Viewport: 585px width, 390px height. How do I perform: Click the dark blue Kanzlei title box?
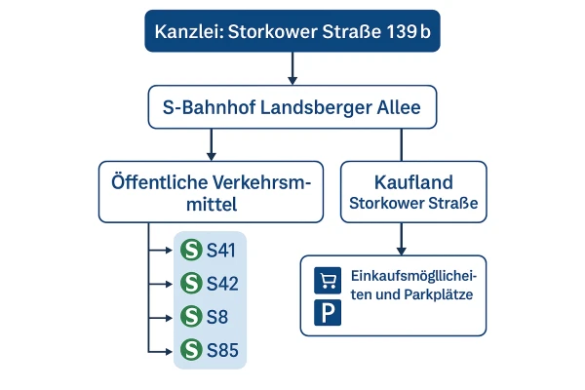tap(292, 32)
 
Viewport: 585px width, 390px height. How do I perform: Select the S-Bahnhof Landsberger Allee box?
tap(292, 106)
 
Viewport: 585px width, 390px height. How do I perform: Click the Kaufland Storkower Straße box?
tap(402, 191)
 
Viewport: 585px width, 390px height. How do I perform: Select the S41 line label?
tap(221, 251)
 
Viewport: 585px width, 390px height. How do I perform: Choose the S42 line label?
tap(221, 284)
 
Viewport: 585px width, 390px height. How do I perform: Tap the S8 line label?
tap(216, 317)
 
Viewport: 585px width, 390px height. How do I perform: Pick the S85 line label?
tap(221, 349)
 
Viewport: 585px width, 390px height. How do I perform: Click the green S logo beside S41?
tap(192, 251)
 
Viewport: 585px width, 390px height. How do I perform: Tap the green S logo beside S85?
tap(192, 349)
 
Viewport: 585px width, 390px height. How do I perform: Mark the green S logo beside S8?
tap(192, 317)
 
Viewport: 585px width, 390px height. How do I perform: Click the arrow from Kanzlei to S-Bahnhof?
tap(292, 68)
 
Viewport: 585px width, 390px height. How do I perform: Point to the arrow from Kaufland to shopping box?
tap(402, 239)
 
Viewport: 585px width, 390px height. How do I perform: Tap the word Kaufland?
tap(402, 182)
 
